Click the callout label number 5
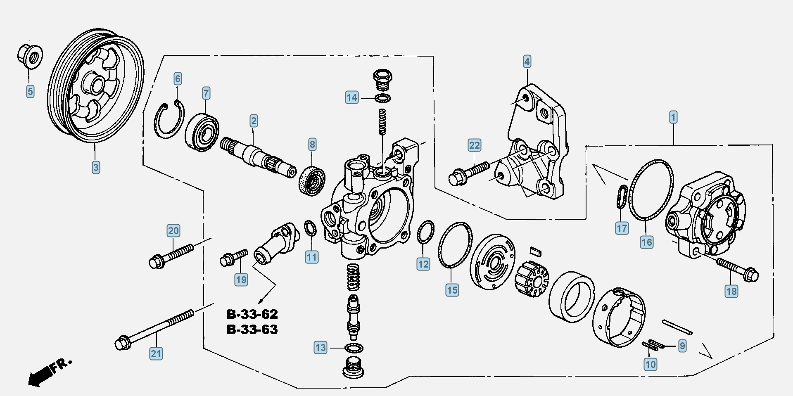point(30,91)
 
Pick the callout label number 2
point(254,121)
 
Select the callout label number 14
point(352,97)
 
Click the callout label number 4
point(527,62)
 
